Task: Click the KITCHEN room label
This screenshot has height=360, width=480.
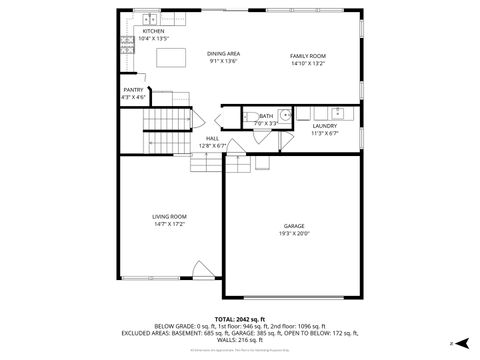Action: pyautogui.click(x=153, y=32)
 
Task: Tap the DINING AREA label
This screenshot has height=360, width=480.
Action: pyautogui.click(x=223, y=53)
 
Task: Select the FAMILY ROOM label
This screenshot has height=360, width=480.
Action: pyautogui.click(x=308, y=56)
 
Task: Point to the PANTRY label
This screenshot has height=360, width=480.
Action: pyautogui.click(x=133, y=90)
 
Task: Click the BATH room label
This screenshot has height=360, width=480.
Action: pyautogui.click(x=265, y=116)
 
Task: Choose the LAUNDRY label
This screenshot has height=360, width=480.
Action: pyautogui.click(x=324, y=126)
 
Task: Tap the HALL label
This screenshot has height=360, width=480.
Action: pyautogui.click(x=212, y=139)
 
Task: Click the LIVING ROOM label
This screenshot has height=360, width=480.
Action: pyautogui.click(x=169, y=216)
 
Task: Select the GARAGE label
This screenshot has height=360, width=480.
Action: pyautogui.click(x=293, y=226)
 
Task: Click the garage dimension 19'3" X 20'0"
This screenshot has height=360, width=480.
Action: pyautogui.click(x=293, y=234)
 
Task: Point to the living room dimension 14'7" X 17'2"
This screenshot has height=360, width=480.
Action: pyautogui.click(x=169, y=224)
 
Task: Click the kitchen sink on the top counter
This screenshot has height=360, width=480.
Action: pyautogui.click(x=149, y=19)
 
